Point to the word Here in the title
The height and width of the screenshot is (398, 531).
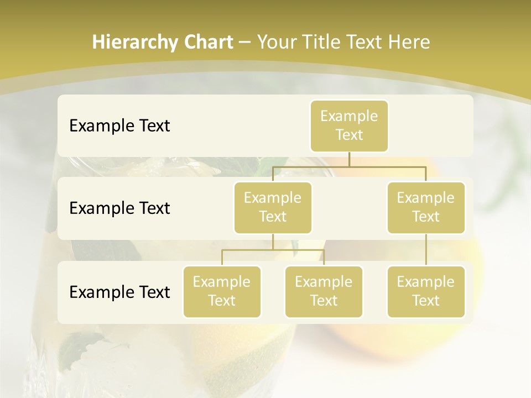[409, 42]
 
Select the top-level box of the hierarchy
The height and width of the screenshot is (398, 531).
[349, 126]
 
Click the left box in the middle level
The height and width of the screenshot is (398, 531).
[273, 207]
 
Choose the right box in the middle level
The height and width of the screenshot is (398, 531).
[426, 207]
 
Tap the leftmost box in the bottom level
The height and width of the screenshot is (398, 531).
[222, 291]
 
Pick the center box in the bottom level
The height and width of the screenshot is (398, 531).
[324, 291]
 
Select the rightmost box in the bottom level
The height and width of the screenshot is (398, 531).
[426, 291]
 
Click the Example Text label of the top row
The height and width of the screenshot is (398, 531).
[119, 126]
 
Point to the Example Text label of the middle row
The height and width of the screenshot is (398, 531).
[119, 208]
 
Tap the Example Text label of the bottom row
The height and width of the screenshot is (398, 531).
[119, 292]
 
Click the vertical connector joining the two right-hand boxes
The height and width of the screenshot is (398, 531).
[426, 250]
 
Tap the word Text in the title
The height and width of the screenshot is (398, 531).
[365, 42]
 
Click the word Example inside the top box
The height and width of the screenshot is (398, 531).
[349, 116]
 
